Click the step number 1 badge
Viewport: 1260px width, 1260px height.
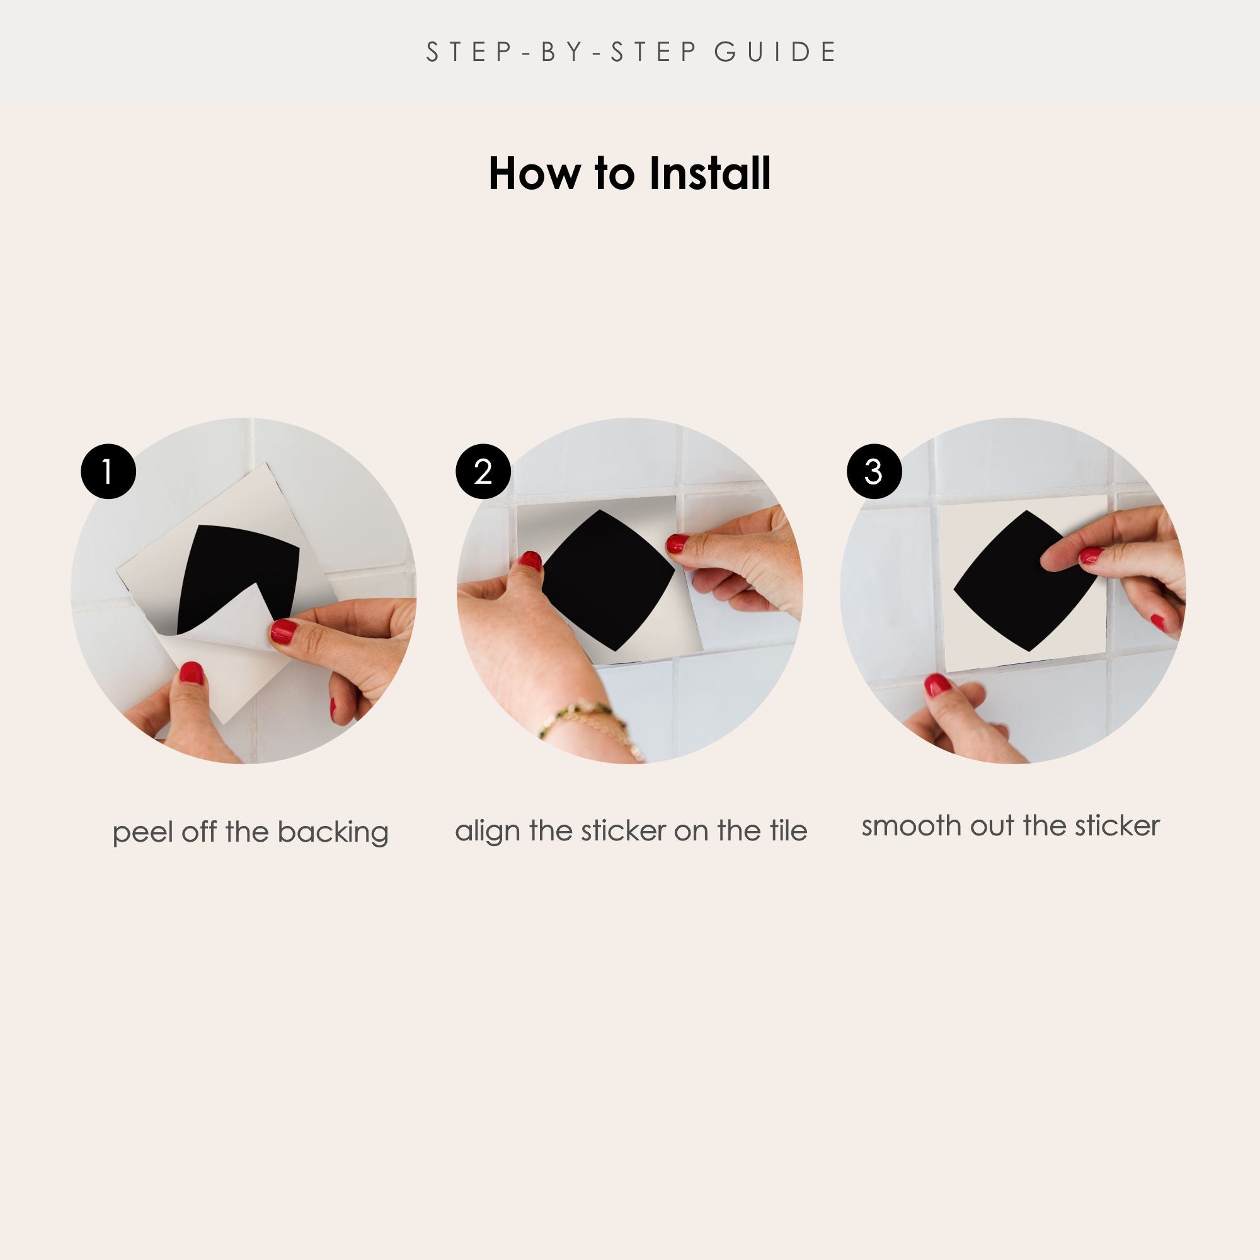pos(108,471)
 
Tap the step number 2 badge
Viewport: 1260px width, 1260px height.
pos(483,471)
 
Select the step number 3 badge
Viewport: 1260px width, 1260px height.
pos(874,471)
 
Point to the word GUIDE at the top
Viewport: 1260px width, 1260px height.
pos(776,52)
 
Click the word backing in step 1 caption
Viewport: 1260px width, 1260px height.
pos(333,833)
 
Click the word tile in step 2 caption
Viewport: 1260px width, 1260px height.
pos(788,830)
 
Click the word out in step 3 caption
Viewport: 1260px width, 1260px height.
pos(993,827)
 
